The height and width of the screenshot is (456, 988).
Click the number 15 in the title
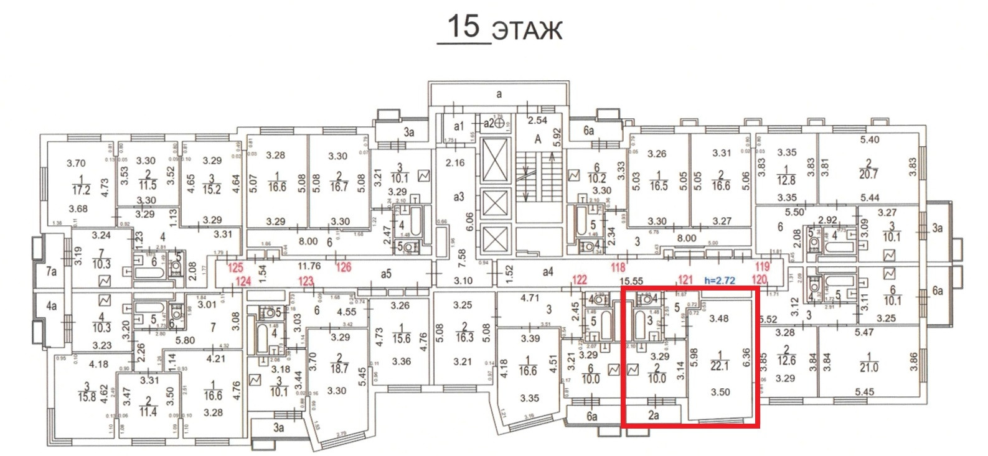[x=464, y=26]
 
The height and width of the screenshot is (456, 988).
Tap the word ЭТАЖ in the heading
[x=527, y=30]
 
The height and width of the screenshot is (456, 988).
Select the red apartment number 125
[x=235, y=269]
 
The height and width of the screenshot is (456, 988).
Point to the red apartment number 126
[x=344, y=268]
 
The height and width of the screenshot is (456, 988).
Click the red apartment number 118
[x=618, y=268]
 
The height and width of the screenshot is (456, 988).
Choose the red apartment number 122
[x=579, y=280]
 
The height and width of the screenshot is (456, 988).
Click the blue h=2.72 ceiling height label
[x=720, y=281]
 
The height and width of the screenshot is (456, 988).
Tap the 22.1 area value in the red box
[x=719, y=366]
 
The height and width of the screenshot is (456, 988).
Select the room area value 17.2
[x=81, y=190]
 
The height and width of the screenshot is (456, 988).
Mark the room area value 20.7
[x=868, y=174]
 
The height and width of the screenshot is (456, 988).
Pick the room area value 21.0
[x=868, y=367]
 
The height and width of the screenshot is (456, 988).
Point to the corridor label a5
[x=386, y=273]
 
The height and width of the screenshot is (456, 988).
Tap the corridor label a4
[x=548, y=271]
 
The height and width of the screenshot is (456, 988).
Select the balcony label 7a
[x=52, y=271]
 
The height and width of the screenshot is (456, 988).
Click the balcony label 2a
[x=653, y=415]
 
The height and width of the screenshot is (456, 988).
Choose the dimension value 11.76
[x=309, y=266]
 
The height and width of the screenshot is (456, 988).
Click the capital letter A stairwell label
[x=537, y=139]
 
